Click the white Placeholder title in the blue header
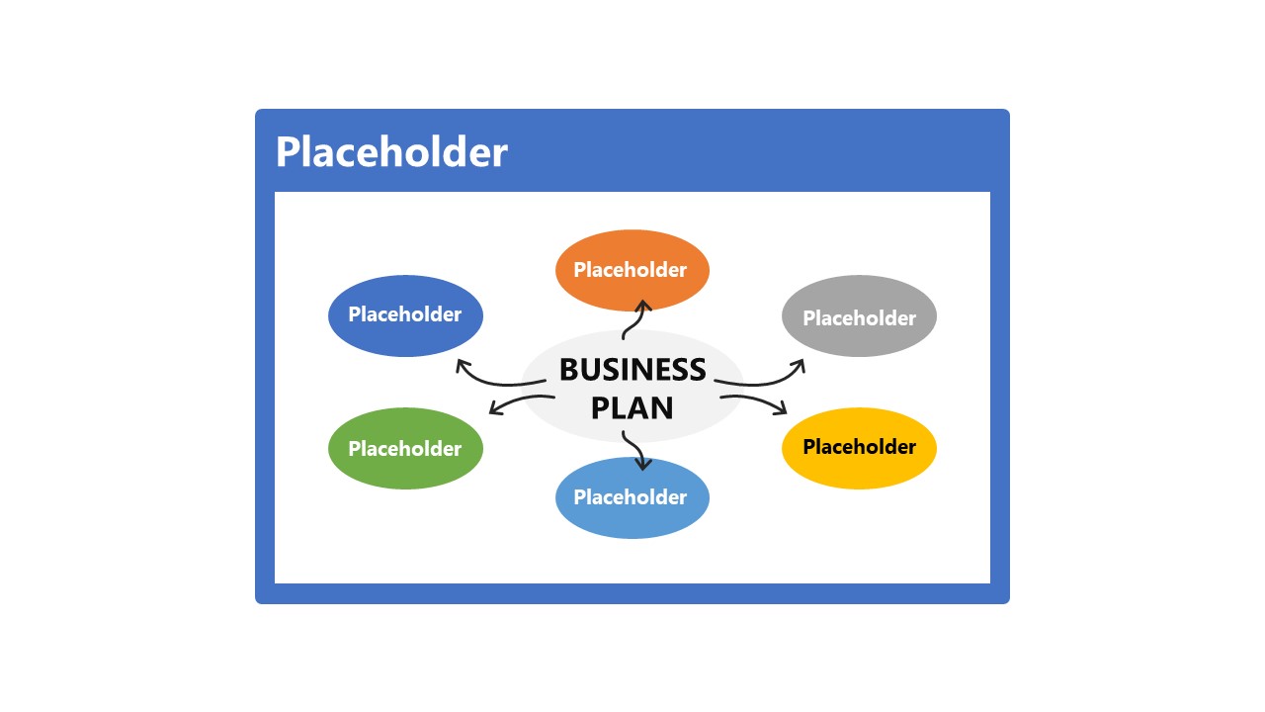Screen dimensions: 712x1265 pos(390,152)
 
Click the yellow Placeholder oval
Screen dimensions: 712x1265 pos(859,470)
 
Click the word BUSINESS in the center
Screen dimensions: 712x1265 pos(632,370)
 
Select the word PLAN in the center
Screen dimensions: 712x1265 pos(632,407)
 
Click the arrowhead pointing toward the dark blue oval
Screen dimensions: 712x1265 pos(462,365)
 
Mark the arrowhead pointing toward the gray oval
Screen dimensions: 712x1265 pos(800,365)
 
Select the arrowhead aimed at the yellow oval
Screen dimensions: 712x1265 pos(783,408)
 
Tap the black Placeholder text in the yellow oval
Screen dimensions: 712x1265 pos(859,447)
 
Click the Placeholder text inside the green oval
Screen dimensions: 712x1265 pos(405,449)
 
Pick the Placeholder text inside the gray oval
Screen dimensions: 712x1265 pos(859,318)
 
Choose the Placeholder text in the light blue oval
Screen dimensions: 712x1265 pos(631,497)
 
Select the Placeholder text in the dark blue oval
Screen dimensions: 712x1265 pos(405,314)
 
